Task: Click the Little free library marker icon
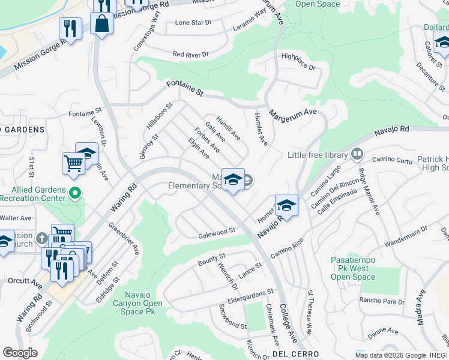357,155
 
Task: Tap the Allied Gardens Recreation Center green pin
74,193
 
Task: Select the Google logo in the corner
20,353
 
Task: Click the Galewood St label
216,232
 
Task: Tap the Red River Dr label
190,54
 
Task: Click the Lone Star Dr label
193,22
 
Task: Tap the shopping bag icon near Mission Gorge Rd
101,24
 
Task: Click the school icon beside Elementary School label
232,179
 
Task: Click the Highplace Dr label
298,62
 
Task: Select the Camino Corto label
392,160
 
